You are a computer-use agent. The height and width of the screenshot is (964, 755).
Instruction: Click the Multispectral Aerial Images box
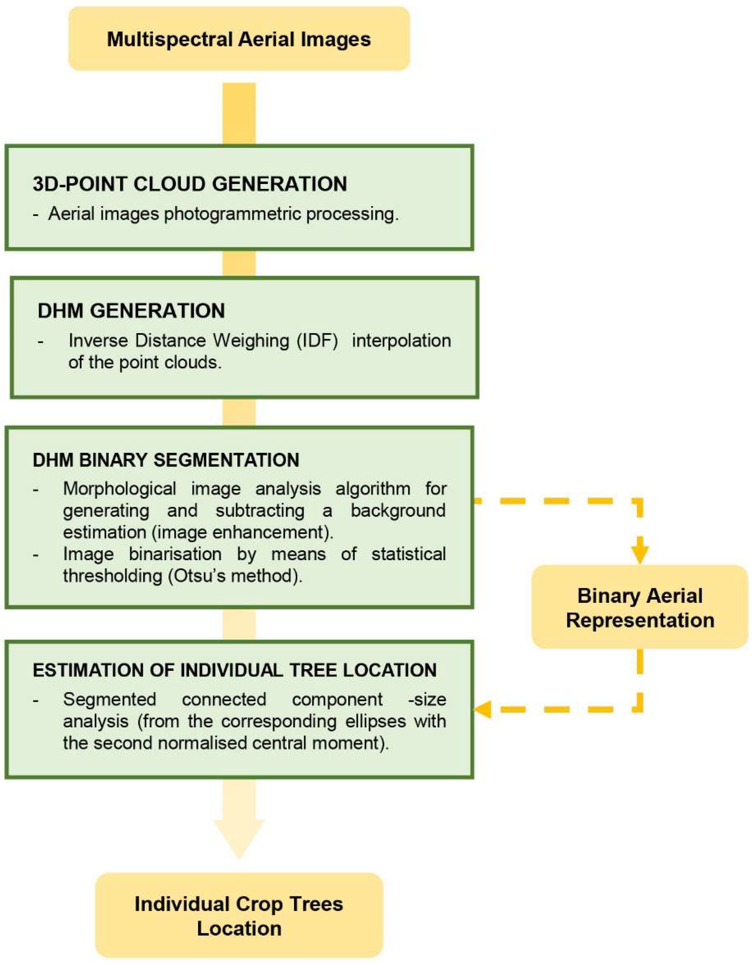(239, 39)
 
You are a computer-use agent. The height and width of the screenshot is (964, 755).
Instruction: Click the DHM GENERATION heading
(131, 311)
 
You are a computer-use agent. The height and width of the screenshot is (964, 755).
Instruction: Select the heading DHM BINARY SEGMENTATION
(166, 460)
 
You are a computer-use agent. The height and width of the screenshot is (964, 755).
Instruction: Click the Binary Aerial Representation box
(640, 608)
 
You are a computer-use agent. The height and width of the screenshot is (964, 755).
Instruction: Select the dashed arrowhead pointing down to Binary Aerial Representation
(640, 554)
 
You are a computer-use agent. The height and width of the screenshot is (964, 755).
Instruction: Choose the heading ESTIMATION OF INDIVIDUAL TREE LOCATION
(234, 670)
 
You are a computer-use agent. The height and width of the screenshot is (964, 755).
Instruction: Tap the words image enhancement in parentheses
(243, 533)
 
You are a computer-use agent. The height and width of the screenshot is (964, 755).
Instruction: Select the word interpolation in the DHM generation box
(401, 340)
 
